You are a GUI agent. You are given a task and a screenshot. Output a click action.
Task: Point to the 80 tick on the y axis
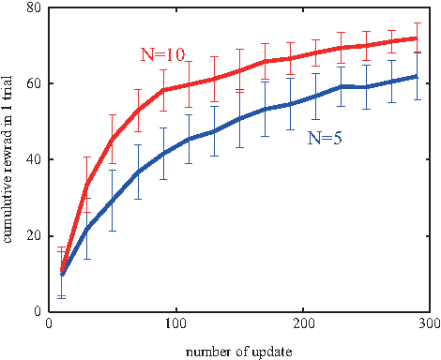click(35, 7)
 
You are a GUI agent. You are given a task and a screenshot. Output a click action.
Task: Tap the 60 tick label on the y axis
click(35, 83)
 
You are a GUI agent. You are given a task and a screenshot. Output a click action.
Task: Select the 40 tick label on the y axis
click(35, 159)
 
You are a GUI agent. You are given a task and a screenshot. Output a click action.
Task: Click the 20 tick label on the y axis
click(35, 235)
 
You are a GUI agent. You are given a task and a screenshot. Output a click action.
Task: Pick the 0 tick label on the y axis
click(38, 311)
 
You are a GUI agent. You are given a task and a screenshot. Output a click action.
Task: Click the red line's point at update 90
click(163, 90)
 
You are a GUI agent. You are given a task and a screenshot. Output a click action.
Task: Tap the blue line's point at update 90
click(163, 153)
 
